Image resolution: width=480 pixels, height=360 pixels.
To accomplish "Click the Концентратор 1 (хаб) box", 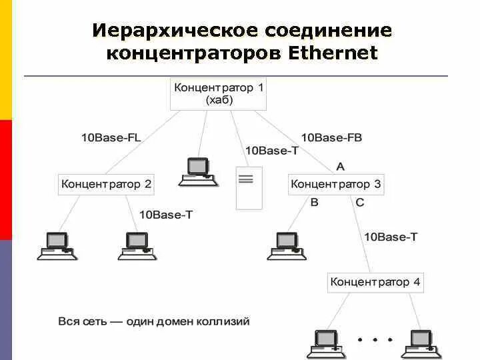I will tap(219, 94).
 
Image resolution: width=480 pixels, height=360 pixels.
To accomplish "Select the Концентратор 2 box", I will tap(107, 184).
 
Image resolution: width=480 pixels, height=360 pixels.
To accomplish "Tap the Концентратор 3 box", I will tap(336, 184).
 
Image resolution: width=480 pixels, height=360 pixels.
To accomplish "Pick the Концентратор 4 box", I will tap(375, 282).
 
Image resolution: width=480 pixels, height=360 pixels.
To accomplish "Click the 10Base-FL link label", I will tap(111, 138).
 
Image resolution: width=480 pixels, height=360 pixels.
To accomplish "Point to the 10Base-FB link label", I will tap(331, 138).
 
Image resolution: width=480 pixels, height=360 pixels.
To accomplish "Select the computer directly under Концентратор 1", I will tap(197, 171).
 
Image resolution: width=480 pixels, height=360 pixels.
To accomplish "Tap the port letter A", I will tap(340, 166).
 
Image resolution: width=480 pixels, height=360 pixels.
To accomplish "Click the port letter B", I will tap(314, 203).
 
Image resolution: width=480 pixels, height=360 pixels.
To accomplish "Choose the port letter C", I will tap(360, 203).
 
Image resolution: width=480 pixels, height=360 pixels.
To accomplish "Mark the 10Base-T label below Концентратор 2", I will tap(166, 215).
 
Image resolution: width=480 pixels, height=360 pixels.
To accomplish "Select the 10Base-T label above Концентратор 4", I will tap(391, 236).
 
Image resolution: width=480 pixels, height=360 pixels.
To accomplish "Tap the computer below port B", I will tap(286, 245).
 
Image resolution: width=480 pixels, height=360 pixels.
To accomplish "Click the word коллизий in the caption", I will tap(223, 322).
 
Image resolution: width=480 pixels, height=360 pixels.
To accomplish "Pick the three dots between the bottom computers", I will tap(375, 339).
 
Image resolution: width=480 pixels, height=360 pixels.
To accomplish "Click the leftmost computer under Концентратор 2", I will tap(56, 245).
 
